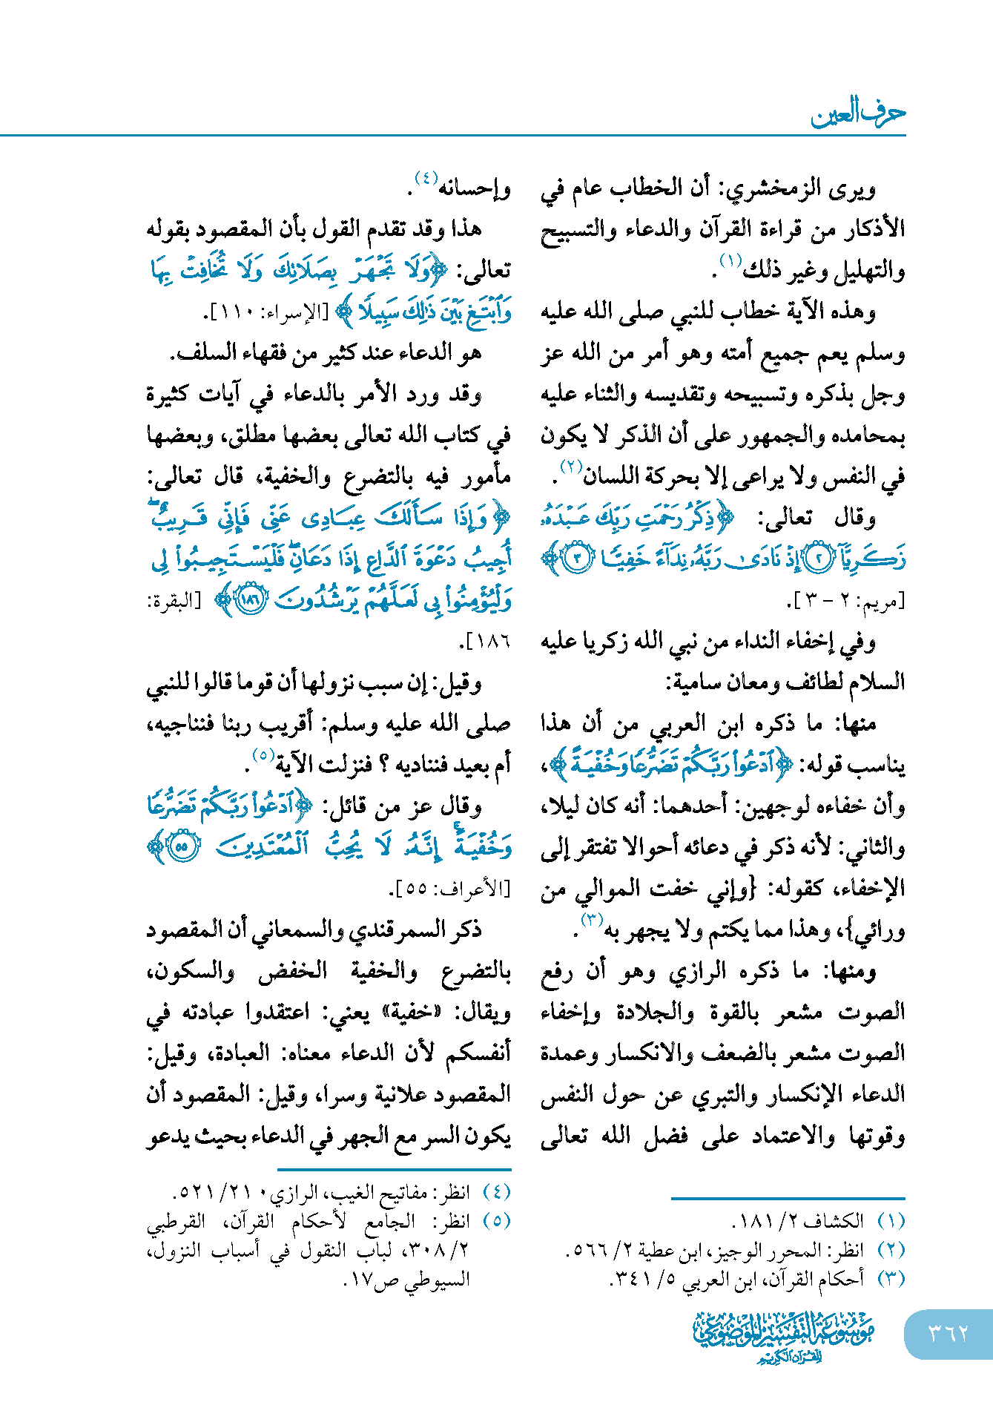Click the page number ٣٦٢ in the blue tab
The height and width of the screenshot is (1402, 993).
(948, 1333)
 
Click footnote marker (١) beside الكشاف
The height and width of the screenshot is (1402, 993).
(891, 1220)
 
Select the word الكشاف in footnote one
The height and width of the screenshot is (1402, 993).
(839, 1220)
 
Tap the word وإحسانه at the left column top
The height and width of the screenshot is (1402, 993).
(475, 188)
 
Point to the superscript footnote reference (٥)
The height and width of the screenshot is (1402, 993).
(263, 755)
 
